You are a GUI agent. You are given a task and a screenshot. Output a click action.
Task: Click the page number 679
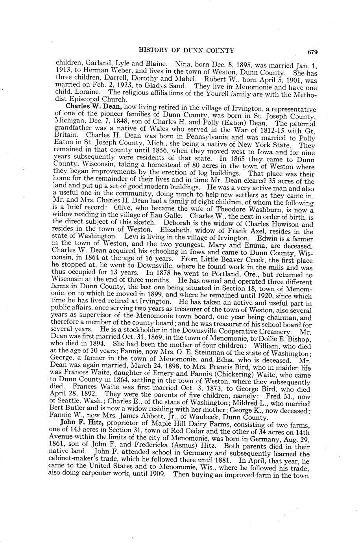pos(313,51)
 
